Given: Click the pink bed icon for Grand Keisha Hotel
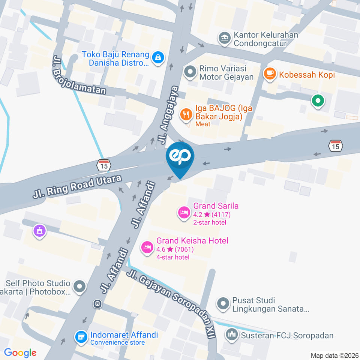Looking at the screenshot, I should [x=147, y=247].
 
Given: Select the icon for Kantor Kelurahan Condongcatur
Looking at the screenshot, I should [x=224, y=38].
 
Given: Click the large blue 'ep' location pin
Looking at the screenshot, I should [x=180, y=157].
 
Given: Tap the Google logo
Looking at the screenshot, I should [x=20, y=352].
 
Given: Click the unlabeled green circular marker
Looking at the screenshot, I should [x=318, y=100].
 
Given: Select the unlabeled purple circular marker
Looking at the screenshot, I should [x=39, y=230].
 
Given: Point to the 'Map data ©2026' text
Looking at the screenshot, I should [x=334, y=355].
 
